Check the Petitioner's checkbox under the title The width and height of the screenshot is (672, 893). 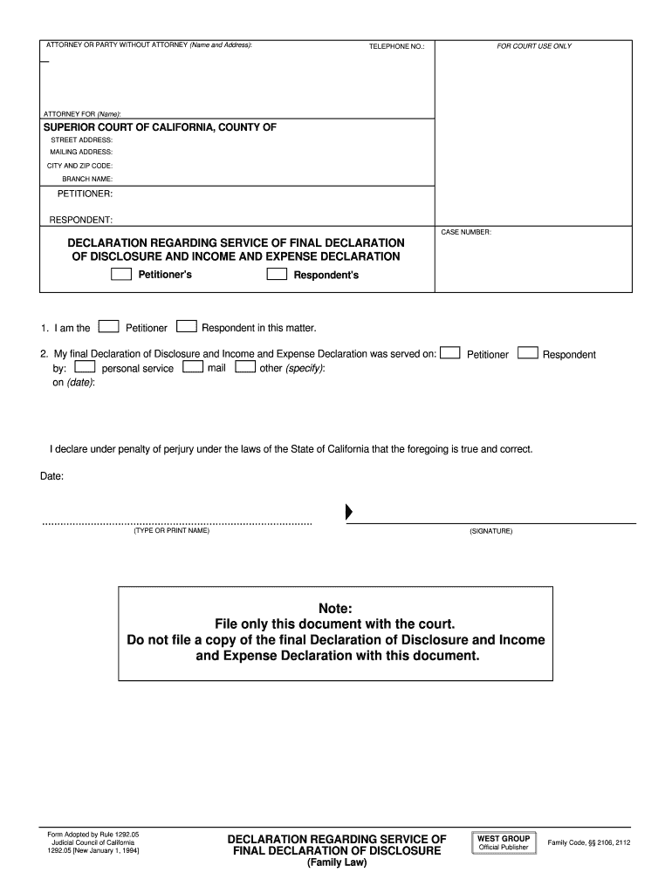121,274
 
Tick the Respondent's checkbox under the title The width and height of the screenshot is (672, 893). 277,274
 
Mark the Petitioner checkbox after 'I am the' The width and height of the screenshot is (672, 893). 108,327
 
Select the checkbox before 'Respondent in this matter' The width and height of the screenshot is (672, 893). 187,327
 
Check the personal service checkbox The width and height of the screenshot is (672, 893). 86,367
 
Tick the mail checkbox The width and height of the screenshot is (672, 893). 193,367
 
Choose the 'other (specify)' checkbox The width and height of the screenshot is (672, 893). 245,367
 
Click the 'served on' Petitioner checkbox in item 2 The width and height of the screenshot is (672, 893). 450,353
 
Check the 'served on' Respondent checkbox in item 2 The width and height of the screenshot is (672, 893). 527,353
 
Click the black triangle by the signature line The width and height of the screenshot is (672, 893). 350,511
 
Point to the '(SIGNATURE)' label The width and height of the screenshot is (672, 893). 490,531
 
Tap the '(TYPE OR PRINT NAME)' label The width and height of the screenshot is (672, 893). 172,531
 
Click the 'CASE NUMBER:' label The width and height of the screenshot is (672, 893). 467,232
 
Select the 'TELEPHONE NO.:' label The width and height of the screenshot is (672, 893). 396,46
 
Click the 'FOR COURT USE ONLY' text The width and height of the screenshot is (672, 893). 534,46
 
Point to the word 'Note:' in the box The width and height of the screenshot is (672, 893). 335,608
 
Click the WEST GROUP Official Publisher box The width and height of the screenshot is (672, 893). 504,842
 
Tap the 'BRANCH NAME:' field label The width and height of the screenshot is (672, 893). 87,179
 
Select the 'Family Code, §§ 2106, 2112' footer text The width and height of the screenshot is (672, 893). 589,842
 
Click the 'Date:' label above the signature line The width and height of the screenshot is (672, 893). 51,477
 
